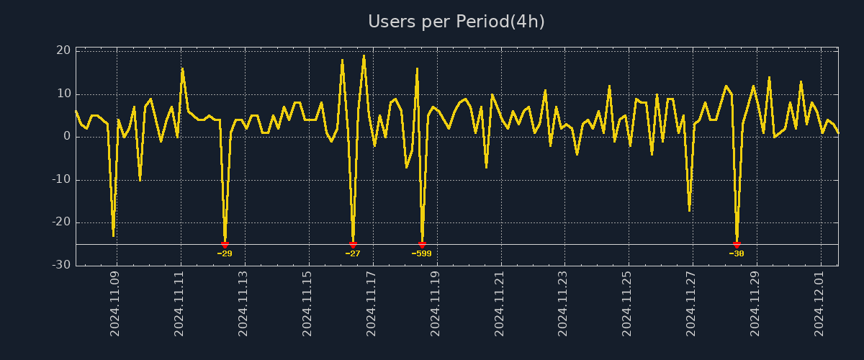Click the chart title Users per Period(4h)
coord(456,22)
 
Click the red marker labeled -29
coord(225,245)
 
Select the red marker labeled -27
coord(353,245)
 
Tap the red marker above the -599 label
coord(422,245)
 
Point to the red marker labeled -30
coord(737,245)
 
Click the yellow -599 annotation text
coord(422,253)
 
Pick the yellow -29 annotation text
coord(225,253)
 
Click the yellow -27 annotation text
coord(353,253)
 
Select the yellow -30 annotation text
coord(737,253)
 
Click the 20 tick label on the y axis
coord(63,50)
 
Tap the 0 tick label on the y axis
coord(67,136)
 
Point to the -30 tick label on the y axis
coord(61,265)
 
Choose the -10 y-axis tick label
coord(61,179)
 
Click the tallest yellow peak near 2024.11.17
coord(364,55)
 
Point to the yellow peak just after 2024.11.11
coord(182,69)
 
